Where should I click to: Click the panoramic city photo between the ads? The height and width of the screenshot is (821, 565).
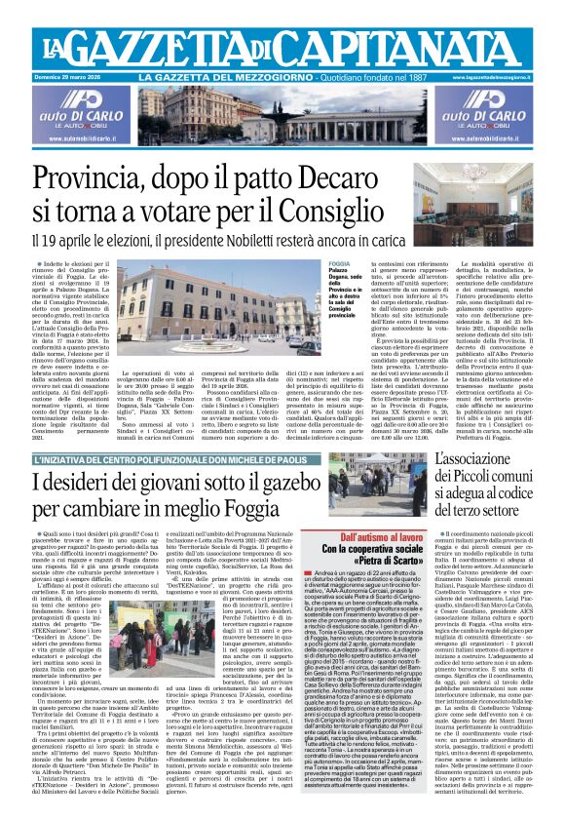(282, 116)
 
